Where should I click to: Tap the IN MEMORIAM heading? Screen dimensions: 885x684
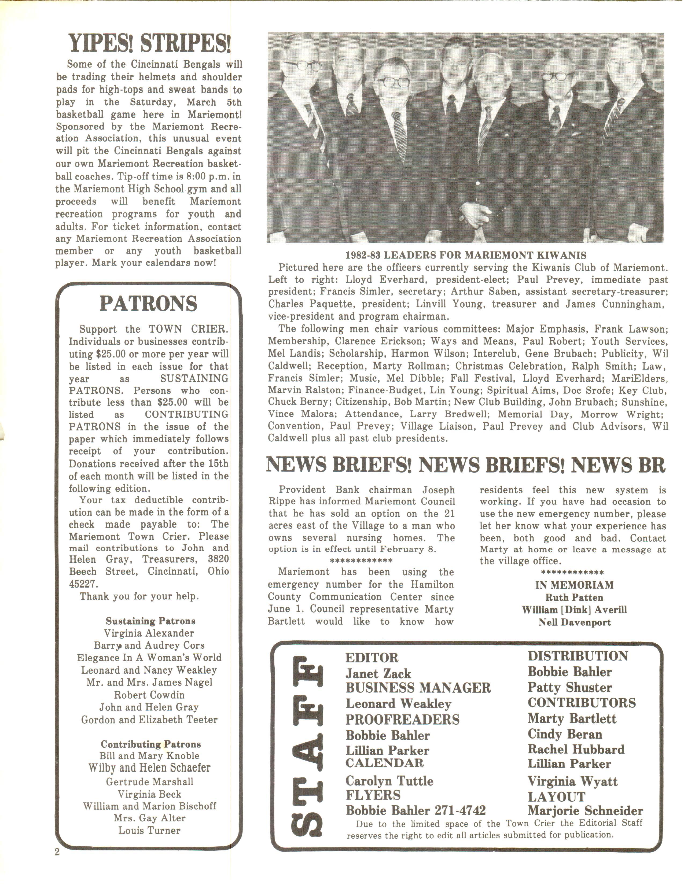574,585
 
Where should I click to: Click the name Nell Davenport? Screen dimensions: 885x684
574,622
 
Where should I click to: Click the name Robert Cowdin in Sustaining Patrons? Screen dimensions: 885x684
149,695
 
